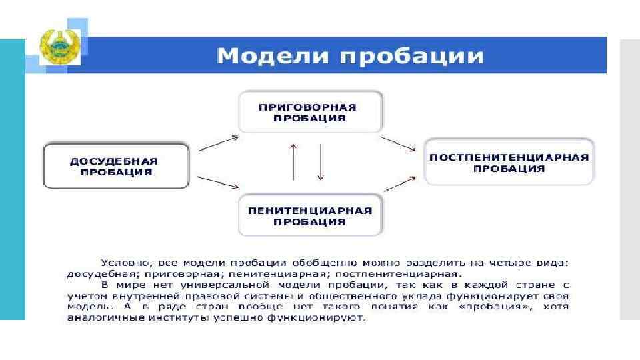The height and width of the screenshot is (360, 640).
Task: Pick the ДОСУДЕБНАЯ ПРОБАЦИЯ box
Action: point(115,166)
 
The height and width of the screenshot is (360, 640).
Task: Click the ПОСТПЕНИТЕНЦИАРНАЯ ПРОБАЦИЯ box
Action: point(509,163)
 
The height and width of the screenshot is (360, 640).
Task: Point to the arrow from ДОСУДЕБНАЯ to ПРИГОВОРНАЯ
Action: point(219,144)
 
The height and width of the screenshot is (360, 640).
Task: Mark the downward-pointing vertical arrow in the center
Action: point(321,161)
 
